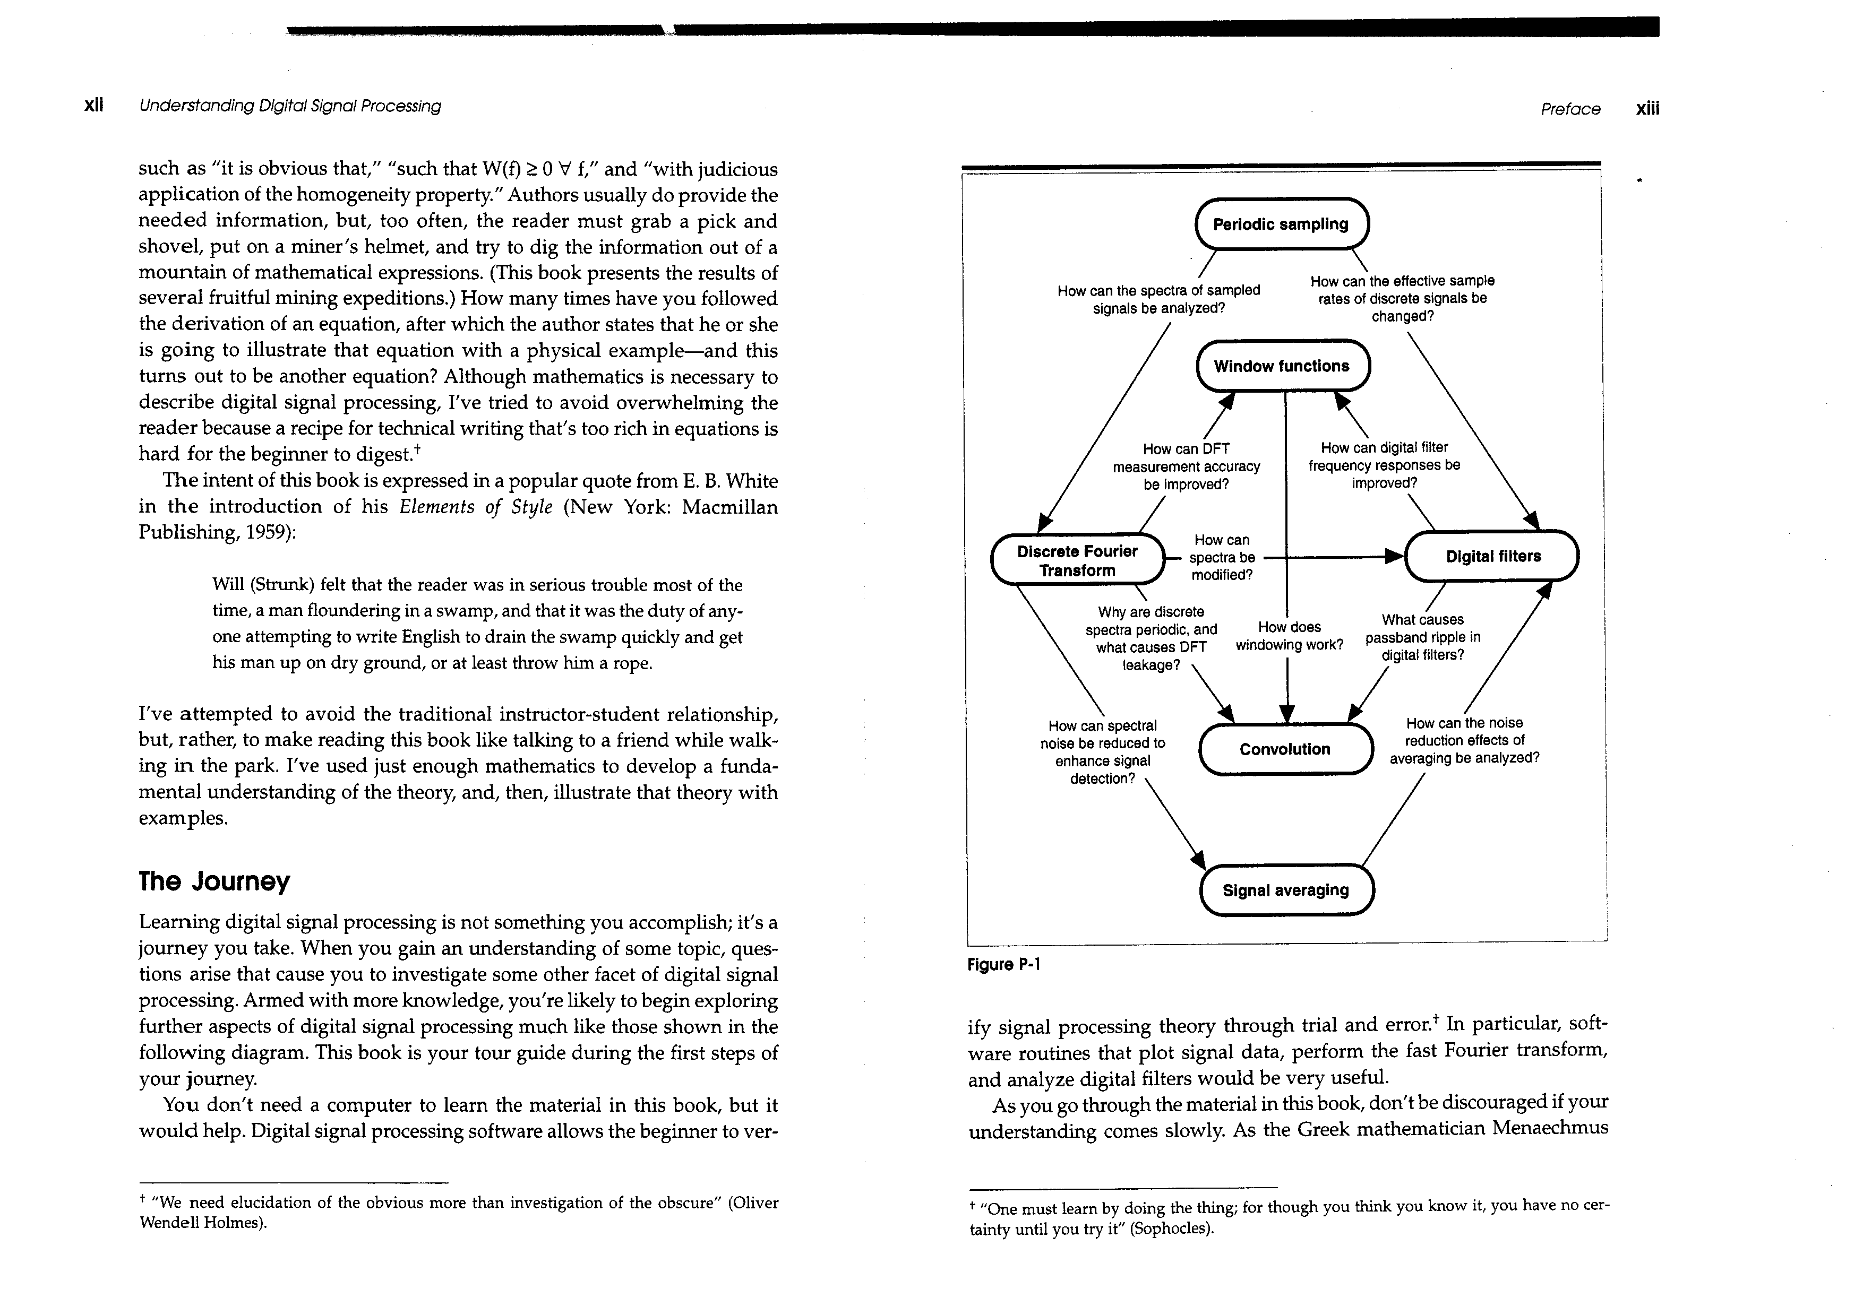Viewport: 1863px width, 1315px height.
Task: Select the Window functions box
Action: pos(1282,366)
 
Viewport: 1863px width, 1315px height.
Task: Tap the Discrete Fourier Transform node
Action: pos(1078,560)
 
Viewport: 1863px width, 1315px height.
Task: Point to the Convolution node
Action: pos(1285,749)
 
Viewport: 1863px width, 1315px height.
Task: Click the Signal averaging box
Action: pos(1286,890)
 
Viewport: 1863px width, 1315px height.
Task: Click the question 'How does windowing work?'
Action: pos(1289,636)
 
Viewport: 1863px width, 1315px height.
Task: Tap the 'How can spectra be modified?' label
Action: pos(1222,557)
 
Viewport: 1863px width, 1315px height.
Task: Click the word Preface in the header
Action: pos(1570,109)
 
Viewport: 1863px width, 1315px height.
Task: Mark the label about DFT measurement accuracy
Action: pos(1186,466)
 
